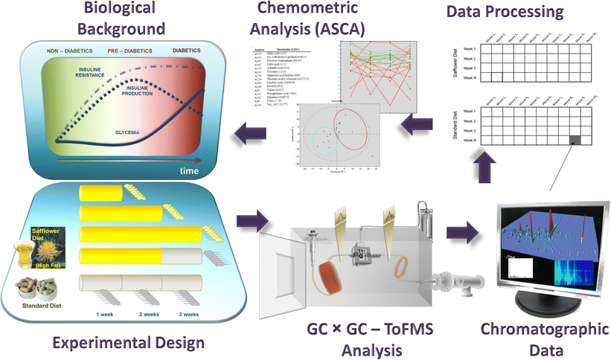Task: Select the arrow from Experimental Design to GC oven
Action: click(x=246, y=221)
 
